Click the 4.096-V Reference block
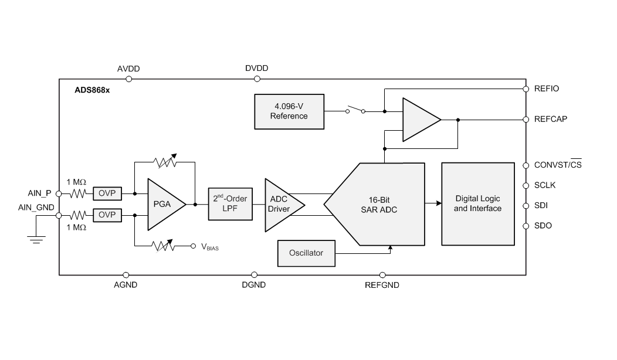point(289,111)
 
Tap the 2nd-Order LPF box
point(229,204)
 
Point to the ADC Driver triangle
point(280,204)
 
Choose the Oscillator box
point(306,253)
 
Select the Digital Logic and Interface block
point(477,204)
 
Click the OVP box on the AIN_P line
point(107,193)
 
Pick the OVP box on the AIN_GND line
point(107,215)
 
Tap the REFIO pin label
point(547,89)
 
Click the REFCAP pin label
point(550,119)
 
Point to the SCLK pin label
point(544,185)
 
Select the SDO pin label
point(543,226)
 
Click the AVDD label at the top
point(128,69)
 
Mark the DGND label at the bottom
point(254,286)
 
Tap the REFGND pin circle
point(382,274)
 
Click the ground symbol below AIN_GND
point(36,238)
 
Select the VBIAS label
point(210,247)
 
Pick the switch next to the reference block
point(355,109)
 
